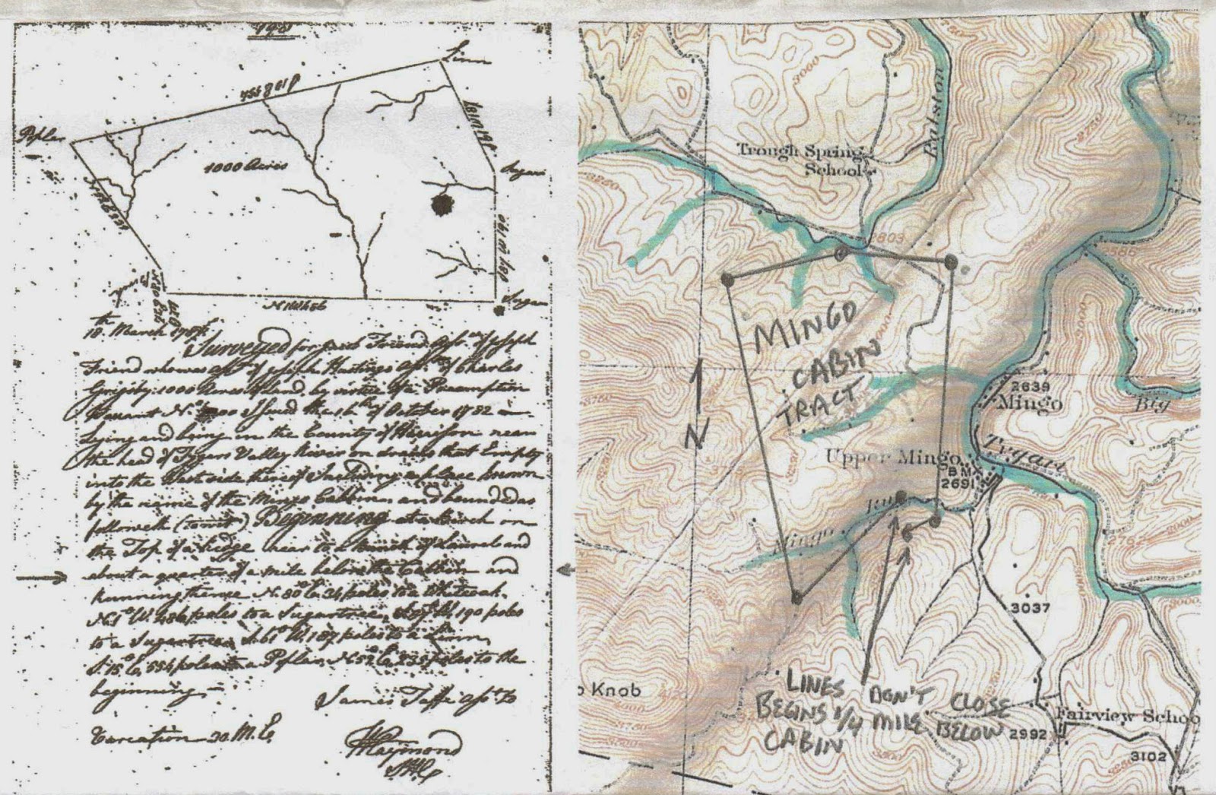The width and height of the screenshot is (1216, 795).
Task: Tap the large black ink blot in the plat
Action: pyautogui.click(x=439, y=204)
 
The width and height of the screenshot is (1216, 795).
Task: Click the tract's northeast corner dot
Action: pyautogui.click(x=950, y=261)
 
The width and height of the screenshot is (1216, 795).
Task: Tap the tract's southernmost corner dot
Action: pyautogui.click(x=796, y=597)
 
